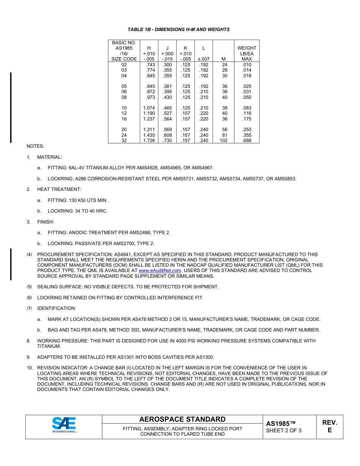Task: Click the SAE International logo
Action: [64, 425]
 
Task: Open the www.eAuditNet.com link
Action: [160, 271]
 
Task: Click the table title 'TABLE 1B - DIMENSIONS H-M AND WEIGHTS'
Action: [178, 30]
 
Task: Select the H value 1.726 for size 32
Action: [149, 141]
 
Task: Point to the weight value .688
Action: [247, 141]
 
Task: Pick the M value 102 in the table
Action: [224, 141]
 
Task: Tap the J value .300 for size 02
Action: [167, 65]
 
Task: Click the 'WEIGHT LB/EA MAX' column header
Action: [247, 53]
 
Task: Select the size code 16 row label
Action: [124, 119]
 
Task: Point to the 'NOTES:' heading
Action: [35, 146]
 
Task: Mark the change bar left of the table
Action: [11, 107]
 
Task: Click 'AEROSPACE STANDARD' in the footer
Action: [182, 419]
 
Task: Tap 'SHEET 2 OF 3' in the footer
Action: [283, 430]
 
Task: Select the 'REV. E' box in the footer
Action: [329, 426]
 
